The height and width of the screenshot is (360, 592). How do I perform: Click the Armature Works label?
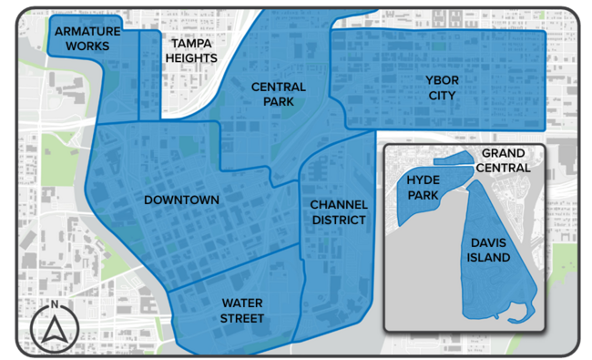coord(82,38)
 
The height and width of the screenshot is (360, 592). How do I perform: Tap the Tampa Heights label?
coord(191,51)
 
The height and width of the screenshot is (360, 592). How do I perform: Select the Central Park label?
coord(279,94)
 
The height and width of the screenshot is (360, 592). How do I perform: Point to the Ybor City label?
coord(443,87)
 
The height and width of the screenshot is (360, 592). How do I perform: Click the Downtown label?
coord(181,200)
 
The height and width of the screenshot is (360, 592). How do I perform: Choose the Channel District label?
coord(338,211)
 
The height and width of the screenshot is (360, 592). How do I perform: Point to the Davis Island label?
coord(490,251)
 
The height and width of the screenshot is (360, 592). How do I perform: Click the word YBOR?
coord(443,80)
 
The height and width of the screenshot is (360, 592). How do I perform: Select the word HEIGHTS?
coord(191,58)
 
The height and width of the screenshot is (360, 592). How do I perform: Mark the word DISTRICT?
coord(338,220)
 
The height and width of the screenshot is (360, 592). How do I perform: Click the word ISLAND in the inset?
coord(490,259)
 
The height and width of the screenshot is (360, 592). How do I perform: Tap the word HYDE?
coord(423,180)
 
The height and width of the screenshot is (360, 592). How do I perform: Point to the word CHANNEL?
coord(338,204)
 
